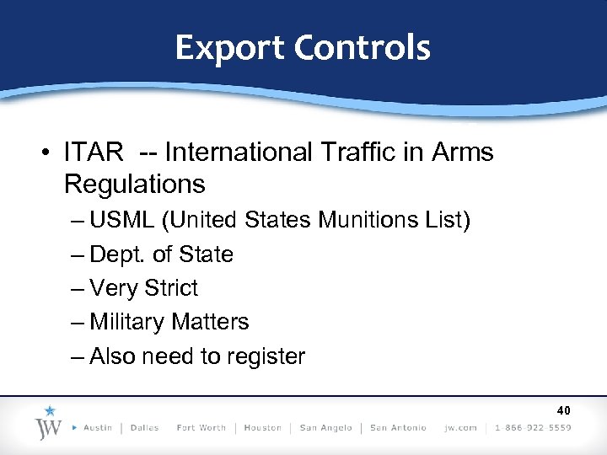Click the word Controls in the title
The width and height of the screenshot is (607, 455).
coord(363,47)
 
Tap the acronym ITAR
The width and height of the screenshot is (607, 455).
coord(94,153)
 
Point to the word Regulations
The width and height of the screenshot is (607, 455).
coord(134,183)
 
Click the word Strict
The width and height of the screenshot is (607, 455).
coord(171,288)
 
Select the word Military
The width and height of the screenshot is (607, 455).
coord(132,322)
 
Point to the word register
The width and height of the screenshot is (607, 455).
coord(266,356)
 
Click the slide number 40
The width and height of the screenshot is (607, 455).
coord(563,411)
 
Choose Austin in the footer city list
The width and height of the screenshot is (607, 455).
coord(98,428)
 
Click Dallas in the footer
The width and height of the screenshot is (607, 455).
coord(145,428)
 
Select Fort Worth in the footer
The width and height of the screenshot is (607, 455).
coord(201,428)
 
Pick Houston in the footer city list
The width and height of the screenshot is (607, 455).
coord(263,428)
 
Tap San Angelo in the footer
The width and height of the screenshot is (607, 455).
coord(326,428)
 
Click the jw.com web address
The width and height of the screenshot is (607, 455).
coord(460,428)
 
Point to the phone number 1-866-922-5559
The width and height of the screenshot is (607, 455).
coord(534,428)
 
